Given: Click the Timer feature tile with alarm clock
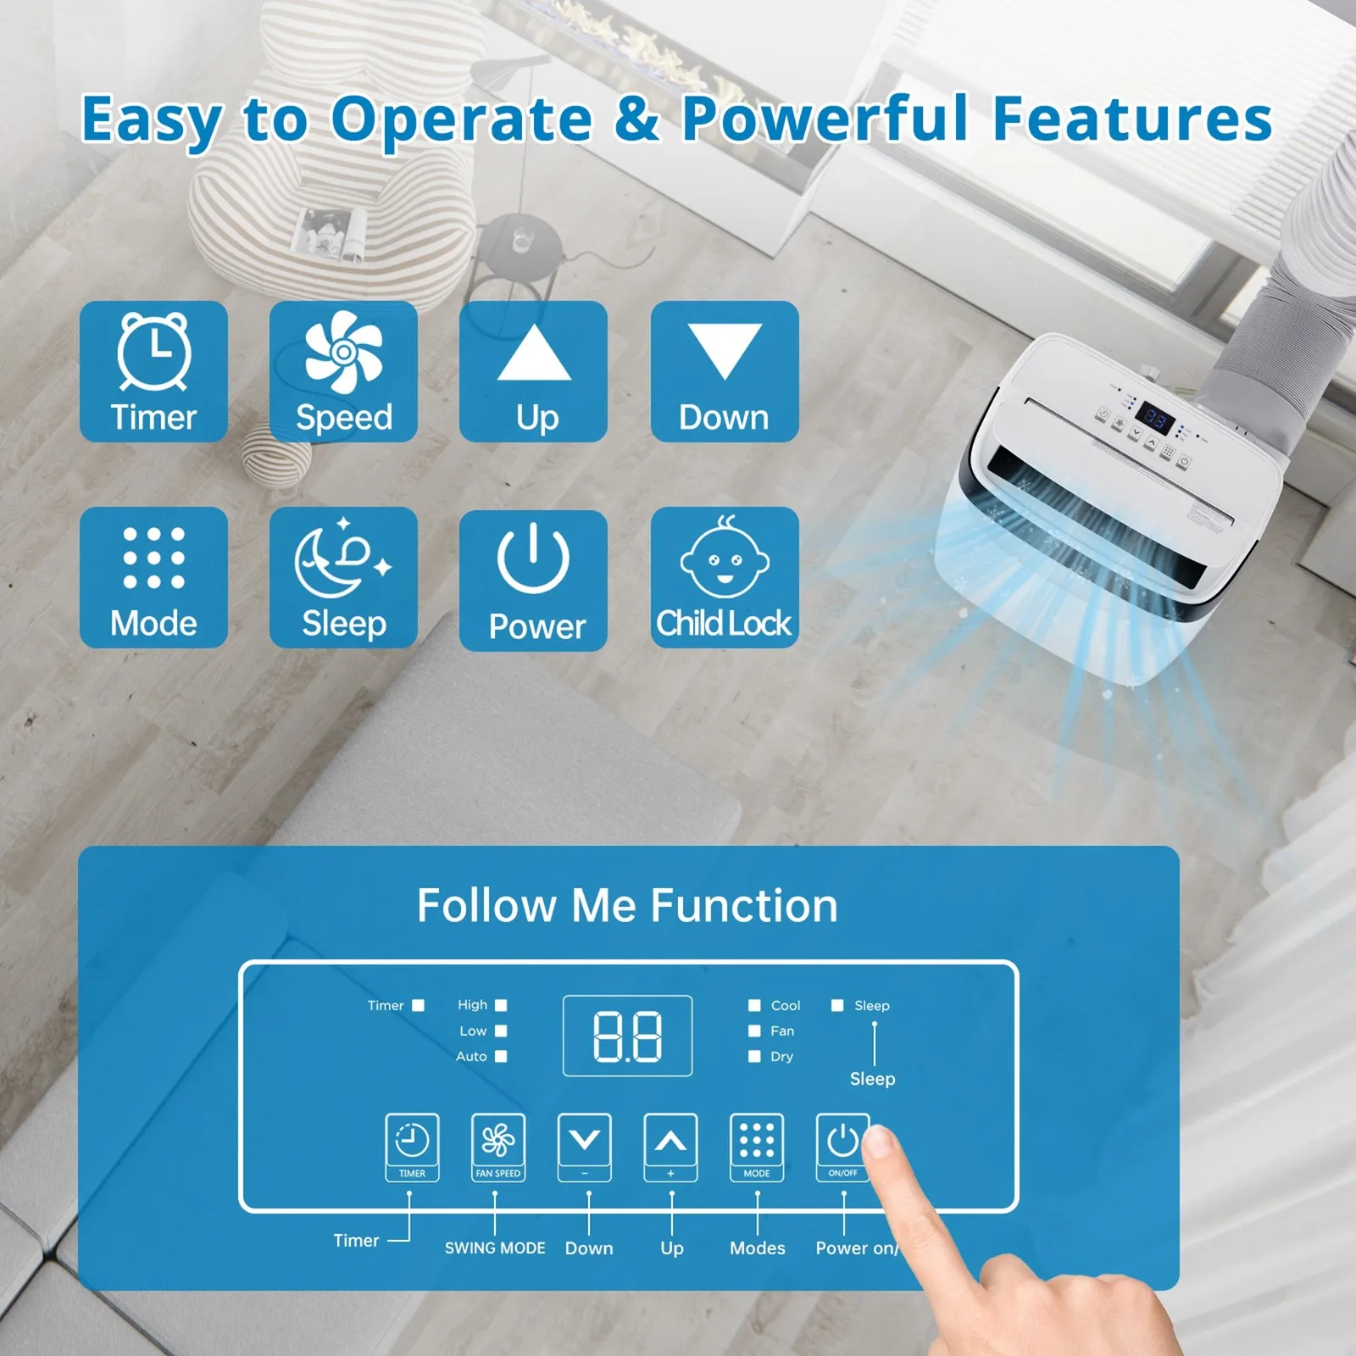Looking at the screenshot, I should coord(153,371).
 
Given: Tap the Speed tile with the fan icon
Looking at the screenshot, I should coord(343,371).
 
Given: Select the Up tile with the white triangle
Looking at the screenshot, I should coord(533,371).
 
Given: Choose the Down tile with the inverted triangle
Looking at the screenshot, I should coord(725,371).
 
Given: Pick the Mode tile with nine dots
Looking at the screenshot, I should coord(153,577).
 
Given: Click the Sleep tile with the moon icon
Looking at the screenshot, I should coord(343,577).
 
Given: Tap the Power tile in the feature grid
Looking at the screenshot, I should coord(533,580).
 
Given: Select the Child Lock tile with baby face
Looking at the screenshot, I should coord(725,577).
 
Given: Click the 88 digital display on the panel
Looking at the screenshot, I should coord(627,1036).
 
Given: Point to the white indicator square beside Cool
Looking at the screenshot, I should coord(754,1005).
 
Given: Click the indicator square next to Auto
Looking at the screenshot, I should coord(501,1056).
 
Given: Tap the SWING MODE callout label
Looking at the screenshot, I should coord(495,1248).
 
